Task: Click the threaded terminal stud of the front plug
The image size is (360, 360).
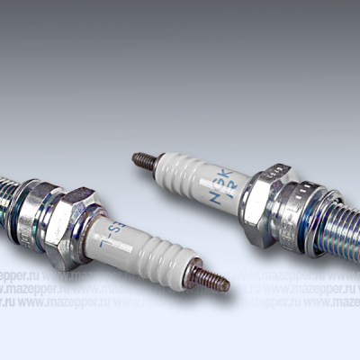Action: click(209, 281)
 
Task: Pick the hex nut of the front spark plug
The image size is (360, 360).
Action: click(68, 225)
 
